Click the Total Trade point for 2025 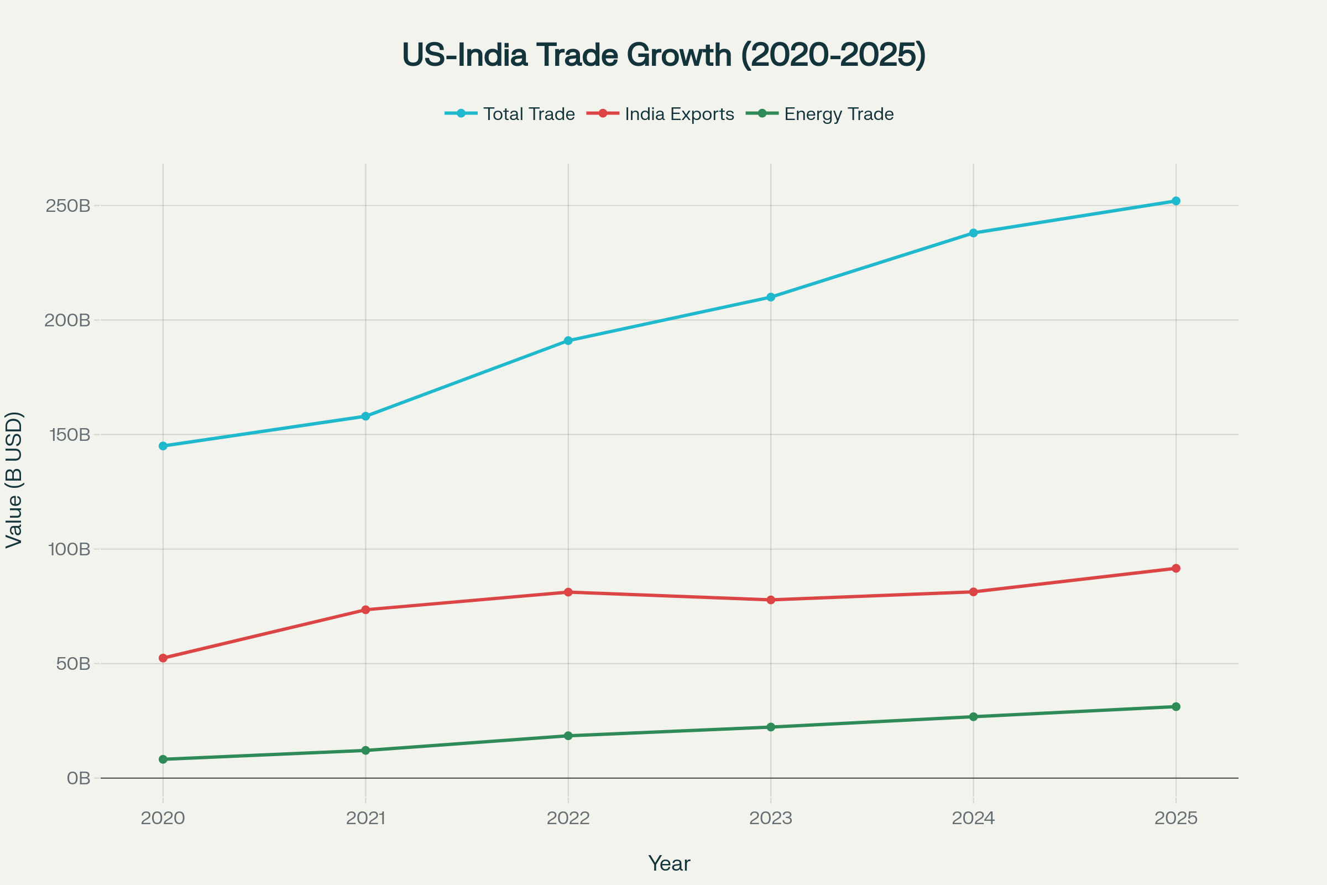click(x=1176, y=201)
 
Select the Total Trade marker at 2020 click(x=163, y=446)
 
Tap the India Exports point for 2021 click(x=365, y=610)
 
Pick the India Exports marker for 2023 click(x=771, y=600)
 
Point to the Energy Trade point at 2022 click(x=568, y=736)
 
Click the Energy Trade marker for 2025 click(x=1176, y=707)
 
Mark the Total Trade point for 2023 click(x=771, y=297)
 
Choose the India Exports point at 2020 click(x=163, y=658)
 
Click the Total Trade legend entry click(x=510, y=114)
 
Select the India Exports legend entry click(x=661, y=114)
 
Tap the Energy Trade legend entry click(x=821, y=114)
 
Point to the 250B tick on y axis click(x=68, y=206)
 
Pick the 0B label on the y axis click(x=79, y=778)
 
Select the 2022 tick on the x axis click(x=568, y=819)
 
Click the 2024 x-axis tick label click(x=973, y=819)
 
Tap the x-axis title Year click(x=669, y=864)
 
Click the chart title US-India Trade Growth click(x=663, y=55)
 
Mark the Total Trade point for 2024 click(x=973, y=232)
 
